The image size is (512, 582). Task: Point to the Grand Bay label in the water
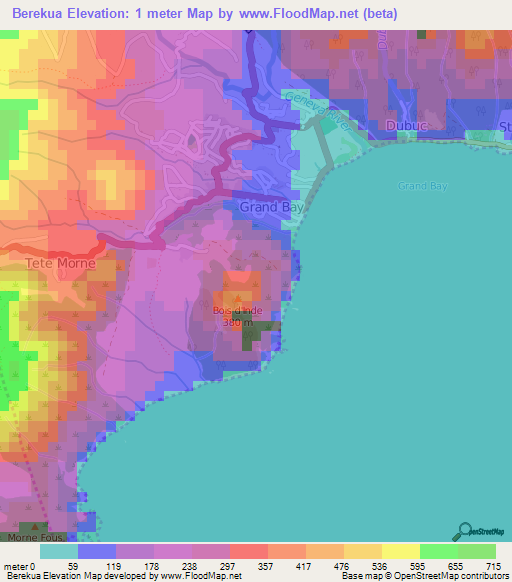pos(420,187)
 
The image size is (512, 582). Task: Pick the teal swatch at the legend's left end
pos(59,551)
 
